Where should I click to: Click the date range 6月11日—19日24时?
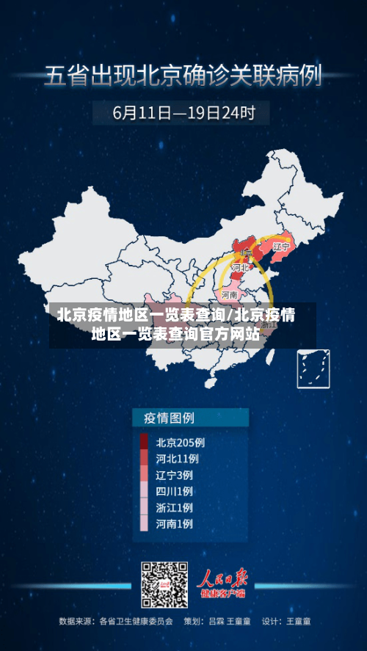tap(183, 113)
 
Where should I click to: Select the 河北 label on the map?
tap(239, 268)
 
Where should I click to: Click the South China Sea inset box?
tap(313, 368)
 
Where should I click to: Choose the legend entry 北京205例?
tap(180, 443)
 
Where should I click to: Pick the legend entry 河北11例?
tap(178, 459)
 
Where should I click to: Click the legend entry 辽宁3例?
tap(175, 475)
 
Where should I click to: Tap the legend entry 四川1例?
tap(175, 491)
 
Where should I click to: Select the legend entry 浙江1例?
tap(175, 508)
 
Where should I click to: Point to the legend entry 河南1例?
tap(175, 524)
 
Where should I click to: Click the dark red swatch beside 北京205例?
tap(144, 443)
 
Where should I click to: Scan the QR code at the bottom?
tap(164, 585)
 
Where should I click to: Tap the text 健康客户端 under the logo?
tap(225, 593)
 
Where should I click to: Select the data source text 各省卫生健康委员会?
tap(137, 622)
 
